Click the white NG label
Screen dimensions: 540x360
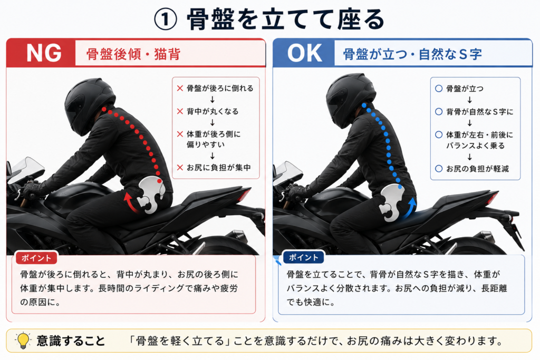pyautogui.click(x=44, y=53)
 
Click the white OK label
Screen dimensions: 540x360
pyautogui.click(x=305, y=53)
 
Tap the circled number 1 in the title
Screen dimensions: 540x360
pyautogui.click(x=165, y=20)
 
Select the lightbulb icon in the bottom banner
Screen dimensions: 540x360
pyautogui.click(x=23, y=340)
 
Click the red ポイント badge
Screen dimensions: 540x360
pyautogui.click(x=36, y=258)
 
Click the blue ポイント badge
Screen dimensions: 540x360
pyautogui.click(x=303, y=257)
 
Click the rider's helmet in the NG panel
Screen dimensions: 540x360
pyautogui.click(x=89, y=104)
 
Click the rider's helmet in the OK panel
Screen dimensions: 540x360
pyautogui.click(x=350, y=100)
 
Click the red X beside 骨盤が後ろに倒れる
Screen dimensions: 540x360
pyautogui.click(x=180, y=89)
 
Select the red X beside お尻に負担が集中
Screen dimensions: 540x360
pyautogui.click(x=180, y=168)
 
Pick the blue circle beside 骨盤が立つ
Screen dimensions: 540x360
pyautogui.click(x=439, y=89)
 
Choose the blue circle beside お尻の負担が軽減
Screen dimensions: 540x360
pyautogui.click(x=439, y=169)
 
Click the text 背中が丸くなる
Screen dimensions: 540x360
pyautogui.click(x=213, y=112)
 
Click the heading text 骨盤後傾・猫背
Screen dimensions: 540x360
pyautogui.click(x=133, y=54)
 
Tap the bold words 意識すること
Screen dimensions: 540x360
pyautogui.click(x=71, y=340)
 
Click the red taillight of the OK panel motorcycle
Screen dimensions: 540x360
pyautogui.click(x=492, y=198)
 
